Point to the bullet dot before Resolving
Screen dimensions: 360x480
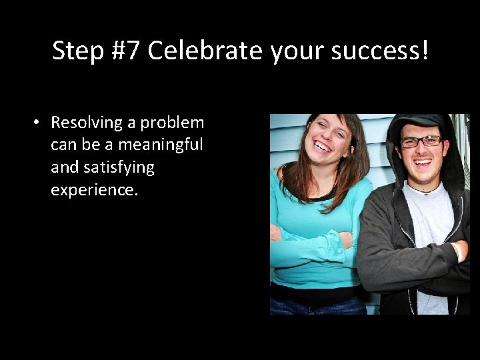click(x=37, y=123)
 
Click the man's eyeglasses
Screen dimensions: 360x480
click(x=421, y=141)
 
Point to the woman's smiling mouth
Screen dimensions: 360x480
click(x=323, y=146)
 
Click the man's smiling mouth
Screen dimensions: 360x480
click(x=423, y=162)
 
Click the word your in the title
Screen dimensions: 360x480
click(x=293, y=51)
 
